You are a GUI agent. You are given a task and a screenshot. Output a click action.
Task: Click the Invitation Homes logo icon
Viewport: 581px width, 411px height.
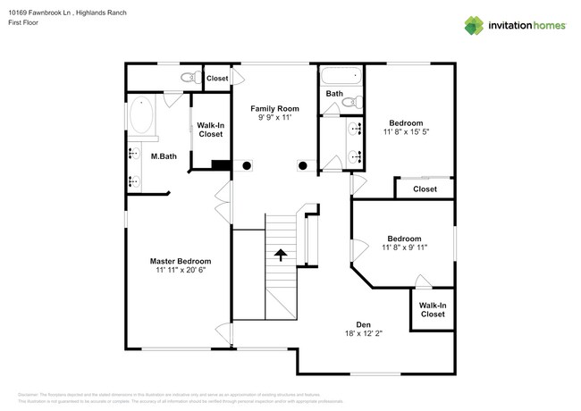coord(473,26)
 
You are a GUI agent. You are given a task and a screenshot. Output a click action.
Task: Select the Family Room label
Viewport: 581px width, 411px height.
coord(274,108)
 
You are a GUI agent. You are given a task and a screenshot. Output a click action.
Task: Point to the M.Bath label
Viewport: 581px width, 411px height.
coord(162,156)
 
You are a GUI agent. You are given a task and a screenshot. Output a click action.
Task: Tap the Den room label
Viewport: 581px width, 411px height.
coord(364,324)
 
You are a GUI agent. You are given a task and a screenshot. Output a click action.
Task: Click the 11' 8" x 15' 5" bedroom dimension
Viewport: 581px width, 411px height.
coord(405,132)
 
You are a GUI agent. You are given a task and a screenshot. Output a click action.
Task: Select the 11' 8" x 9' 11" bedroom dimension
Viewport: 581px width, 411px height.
coord(404,247)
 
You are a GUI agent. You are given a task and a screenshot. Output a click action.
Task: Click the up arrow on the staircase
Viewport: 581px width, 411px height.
coord(281,255)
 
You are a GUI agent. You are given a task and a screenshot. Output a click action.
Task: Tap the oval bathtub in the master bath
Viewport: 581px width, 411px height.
coord(141,115)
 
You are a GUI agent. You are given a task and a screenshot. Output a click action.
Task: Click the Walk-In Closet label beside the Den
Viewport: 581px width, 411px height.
coord(433,310)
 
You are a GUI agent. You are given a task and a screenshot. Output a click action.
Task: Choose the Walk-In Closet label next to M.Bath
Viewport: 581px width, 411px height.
coord(210,130)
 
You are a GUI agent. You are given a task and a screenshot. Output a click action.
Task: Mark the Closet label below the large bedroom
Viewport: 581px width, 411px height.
coord(425,189)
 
